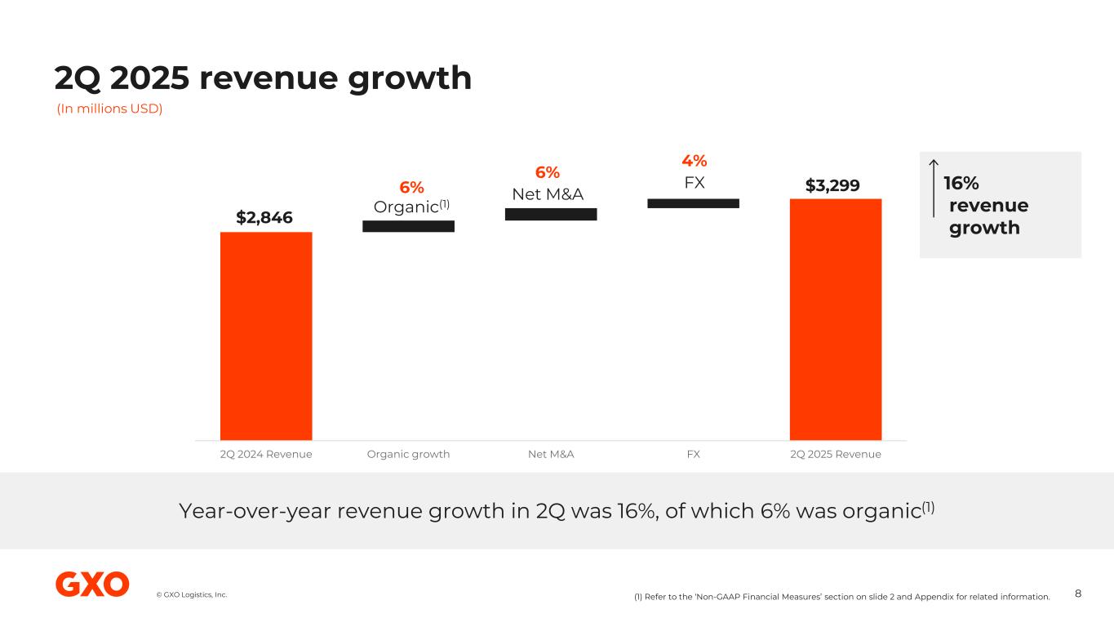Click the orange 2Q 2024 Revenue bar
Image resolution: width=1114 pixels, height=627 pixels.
pos(266,336)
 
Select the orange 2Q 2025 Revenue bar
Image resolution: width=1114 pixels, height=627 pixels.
pos(835,319)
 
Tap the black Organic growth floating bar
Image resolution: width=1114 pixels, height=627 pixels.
pos(408,226)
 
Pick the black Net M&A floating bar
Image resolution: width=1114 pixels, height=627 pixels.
pos(551,214)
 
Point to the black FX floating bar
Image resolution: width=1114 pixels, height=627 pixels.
pos(693,202)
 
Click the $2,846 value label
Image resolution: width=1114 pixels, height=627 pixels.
pos(264,217)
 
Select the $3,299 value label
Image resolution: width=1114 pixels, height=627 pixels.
pos(832,185)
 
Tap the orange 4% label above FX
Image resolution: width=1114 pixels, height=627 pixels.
pos(695,160)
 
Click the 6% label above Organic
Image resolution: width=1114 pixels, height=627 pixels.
pos(411,187)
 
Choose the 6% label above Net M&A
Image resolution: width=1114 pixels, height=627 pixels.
pos(548,172)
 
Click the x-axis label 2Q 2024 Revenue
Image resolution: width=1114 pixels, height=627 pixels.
pos(266,454)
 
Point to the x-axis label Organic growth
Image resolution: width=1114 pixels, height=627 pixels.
pos(408,454)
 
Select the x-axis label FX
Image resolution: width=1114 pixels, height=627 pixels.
pos(693,454)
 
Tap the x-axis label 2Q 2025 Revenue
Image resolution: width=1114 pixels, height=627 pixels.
pos(836,454)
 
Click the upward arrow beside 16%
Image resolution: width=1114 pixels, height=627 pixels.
pos(934,188)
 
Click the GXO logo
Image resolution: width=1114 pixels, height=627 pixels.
pos(92,585)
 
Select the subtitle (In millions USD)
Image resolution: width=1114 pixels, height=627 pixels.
pos(109,109)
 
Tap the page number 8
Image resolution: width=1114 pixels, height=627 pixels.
pos(1078,594)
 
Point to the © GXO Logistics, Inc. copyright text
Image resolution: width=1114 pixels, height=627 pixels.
pos(192,594)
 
